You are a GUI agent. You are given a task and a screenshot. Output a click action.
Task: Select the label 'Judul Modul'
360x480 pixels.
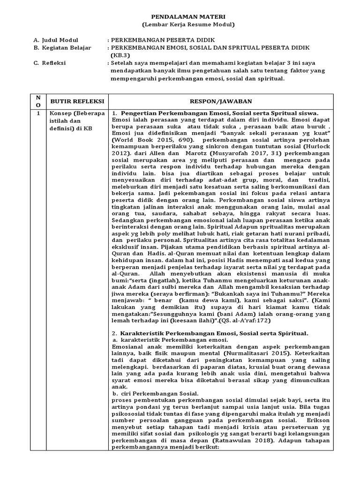pyautogui.click(x=60, y=40)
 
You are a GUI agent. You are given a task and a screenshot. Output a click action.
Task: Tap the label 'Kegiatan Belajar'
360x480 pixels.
pyautogui.click(x=66, y=48)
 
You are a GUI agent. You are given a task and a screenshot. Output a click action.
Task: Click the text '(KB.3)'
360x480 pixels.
pyautogui.click(x=120, y=55)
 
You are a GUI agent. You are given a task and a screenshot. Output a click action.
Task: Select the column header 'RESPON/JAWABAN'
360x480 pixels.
pyautogui.click(x=221, y=101)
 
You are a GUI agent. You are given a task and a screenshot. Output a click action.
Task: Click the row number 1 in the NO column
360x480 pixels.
pyautogui.click(x=38, y=114)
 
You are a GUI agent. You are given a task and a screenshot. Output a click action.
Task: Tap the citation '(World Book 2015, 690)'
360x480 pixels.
pyautogui.click(x=150, y=140)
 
